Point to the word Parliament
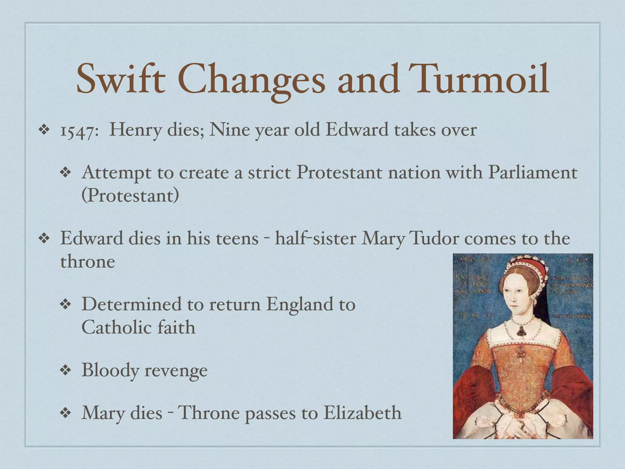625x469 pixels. click(533, 173)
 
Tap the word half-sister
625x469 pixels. click(316, 238)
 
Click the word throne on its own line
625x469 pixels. click(88, 262)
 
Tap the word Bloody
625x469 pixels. click(110, 370)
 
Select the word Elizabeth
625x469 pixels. click(362, 413)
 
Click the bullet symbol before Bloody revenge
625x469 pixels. click(65, 371)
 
